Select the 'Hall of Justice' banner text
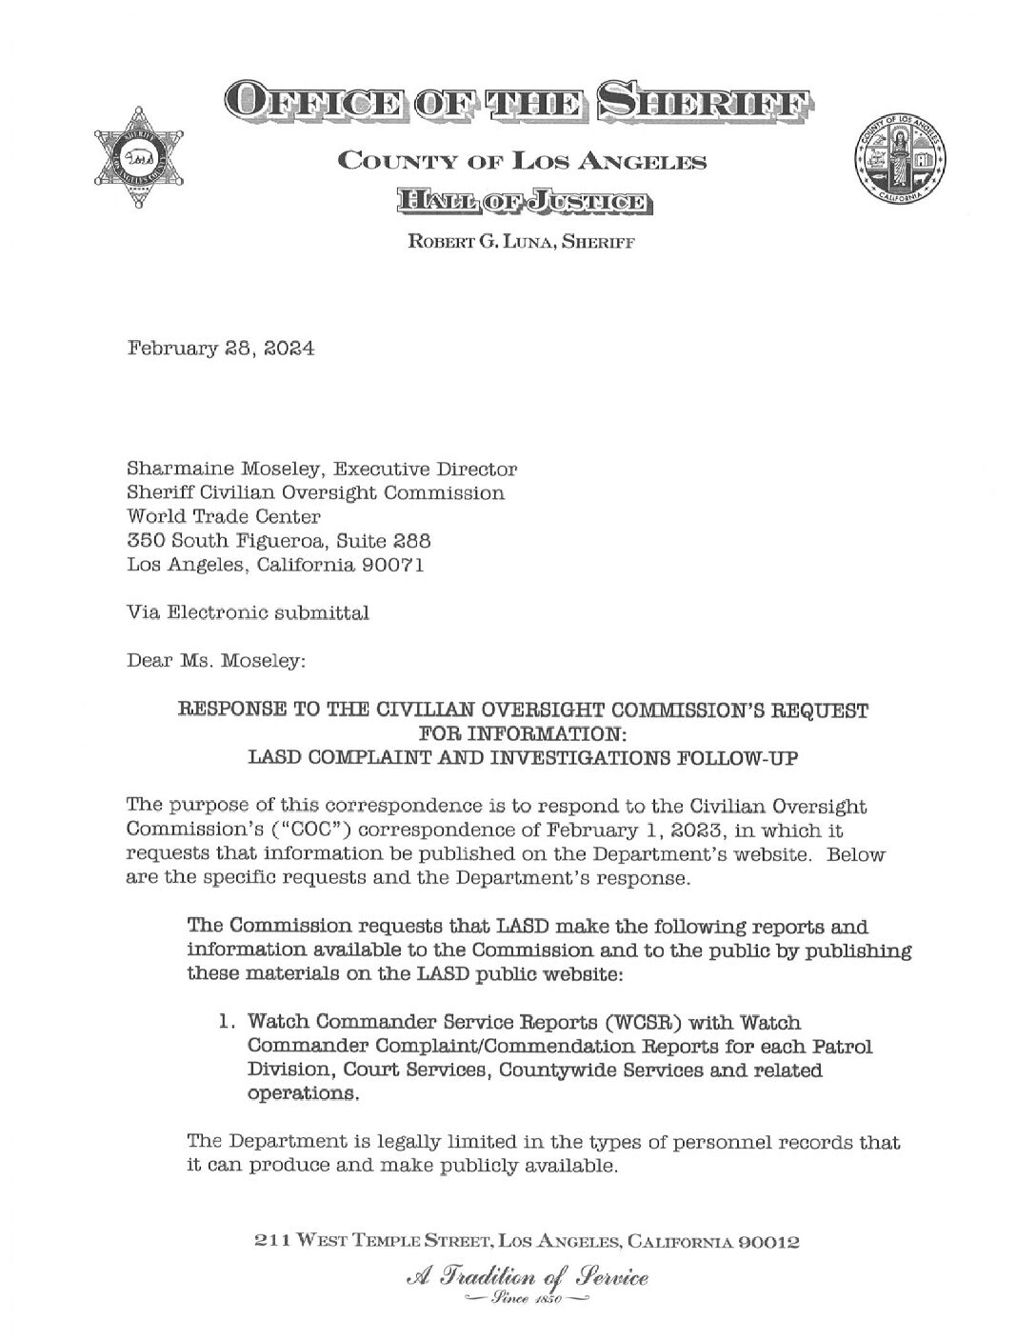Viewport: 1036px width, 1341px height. [519, 201]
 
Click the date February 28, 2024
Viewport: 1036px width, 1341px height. [221, 349]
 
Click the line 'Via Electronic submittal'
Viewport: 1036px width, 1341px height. [249, 613]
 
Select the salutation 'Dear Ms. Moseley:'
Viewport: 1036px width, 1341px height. [216, 660]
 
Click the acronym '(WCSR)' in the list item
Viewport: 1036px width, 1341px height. [612, 1022]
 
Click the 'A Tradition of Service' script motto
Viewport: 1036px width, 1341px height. [519, 1275]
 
